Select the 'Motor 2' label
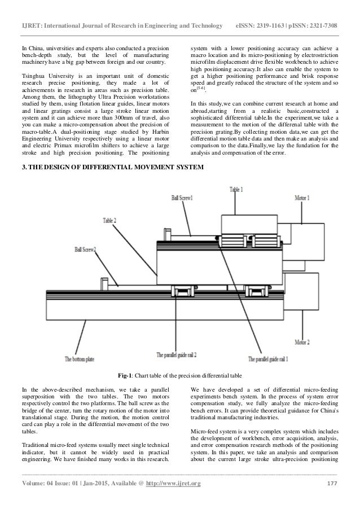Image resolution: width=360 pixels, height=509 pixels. click(305, 342)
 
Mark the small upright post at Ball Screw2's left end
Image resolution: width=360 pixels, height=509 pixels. click(103, 284)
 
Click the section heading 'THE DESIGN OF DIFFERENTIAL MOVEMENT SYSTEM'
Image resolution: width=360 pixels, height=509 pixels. click(106, 168)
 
